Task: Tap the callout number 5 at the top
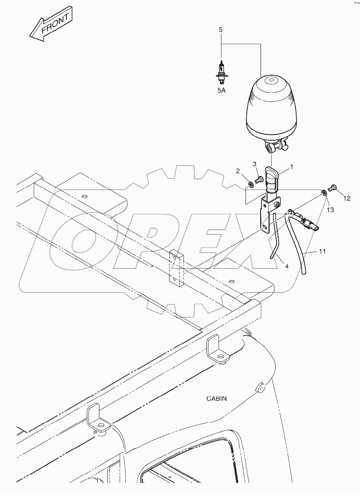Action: tap(221, 30)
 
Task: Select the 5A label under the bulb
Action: tap(221, 90)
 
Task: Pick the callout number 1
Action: tap(292, 167)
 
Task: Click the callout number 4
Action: tap(286, 266)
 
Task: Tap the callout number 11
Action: tap(322, 251)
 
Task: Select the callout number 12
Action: tap(347, 199)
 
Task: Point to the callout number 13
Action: tap(330, 210)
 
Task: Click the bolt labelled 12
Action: tap(333, 189)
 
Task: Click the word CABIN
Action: tap(216, 398)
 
